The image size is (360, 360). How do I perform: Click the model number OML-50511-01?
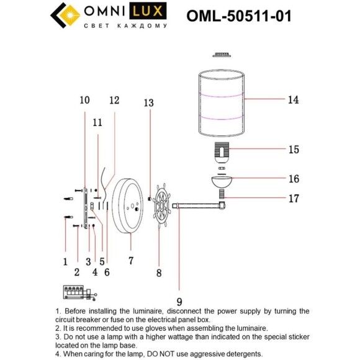[239, 17]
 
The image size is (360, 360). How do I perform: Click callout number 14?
[293, 99]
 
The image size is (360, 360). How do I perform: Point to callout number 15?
[293, 150]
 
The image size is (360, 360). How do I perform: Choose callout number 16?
[293, 179]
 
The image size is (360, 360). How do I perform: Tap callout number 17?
[293, 199]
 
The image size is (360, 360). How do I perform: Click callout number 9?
[179, 302]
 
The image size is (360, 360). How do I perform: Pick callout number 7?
[130, 261]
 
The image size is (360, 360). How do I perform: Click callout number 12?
[114, 100]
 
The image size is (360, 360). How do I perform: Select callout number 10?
[84, 100]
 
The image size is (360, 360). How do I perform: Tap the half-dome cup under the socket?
[221, 181]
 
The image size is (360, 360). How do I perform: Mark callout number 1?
[65, 261]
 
